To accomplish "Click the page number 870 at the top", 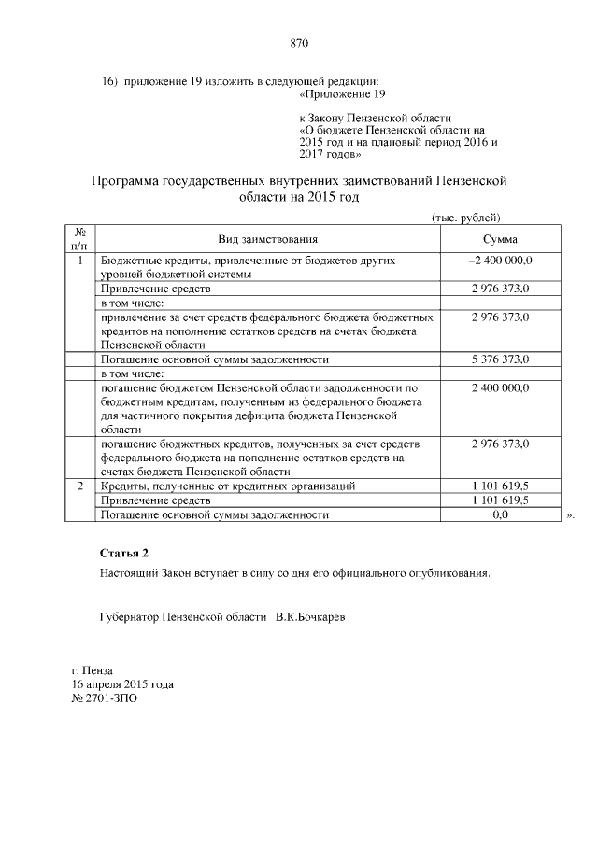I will tap(299, 43).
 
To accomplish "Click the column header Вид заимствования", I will tap(268, 239).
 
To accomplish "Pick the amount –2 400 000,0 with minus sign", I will tap(500, 261).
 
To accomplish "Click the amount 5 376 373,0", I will tap(500, 359).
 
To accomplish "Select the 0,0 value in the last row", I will tap(500, 514).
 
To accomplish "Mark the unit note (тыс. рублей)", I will tap(467, 217).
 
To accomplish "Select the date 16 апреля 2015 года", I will tap(122, 683).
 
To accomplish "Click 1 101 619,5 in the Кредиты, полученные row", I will tap(500, 486).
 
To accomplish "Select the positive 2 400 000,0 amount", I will tap(500, 386).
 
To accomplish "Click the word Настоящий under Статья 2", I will tap(130, 572).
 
